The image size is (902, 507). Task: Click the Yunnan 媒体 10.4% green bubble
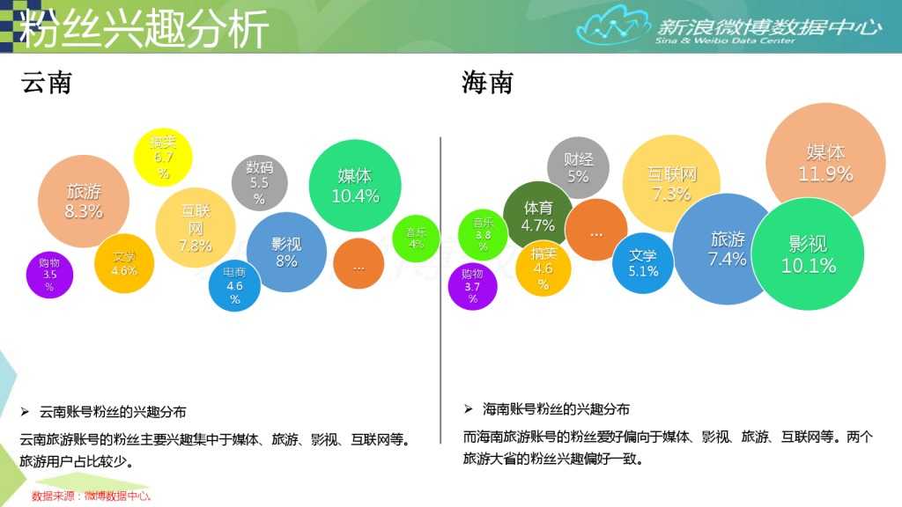coord(355,186)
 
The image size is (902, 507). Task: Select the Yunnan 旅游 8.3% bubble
coord(84,202)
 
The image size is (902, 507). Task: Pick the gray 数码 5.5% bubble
coord(259,180)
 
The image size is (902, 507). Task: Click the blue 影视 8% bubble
coord(285,252)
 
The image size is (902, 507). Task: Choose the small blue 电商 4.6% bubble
coord(234,286)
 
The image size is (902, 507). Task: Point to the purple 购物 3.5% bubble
coord(49,274)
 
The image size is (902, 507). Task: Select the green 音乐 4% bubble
coord(416,239)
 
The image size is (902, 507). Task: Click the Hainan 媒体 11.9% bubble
coord(825,162)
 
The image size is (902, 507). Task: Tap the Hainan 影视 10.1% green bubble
coord(807,254)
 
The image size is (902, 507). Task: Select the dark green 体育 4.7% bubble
coord(538,216)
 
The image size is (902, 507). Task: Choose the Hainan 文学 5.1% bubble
coord(643,262)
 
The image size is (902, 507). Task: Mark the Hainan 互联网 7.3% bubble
coord(671,183)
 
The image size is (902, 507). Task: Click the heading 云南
coord(46,83)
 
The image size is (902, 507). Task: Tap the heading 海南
coord(486,83)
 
